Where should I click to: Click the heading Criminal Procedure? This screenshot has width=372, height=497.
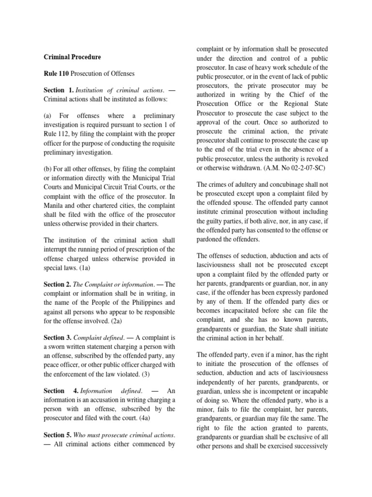pyautogui.click(x=72, y=57)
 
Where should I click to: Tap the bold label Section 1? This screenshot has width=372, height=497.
pyautogui.click(x=59, y=90)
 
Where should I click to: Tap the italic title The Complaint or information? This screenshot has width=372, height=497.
pyautogui.click(x=111, y=284)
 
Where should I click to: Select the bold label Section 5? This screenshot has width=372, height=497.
pyautogui.click(x=58, y=436)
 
